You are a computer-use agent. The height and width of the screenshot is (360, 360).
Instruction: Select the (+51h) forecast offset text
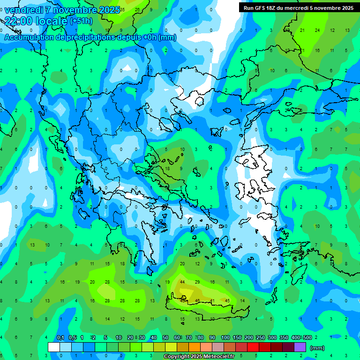[x=81, y=21]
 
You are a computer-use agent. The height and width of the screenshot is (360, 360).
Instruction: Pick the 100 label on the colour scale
[x=225, y=338]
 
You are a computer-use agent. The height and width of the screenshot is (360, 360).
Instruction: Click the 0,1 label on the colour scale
[x=60, y=338]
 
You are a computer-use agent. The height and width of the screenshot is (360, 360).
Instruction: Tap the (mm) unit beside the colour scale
[x=317, y=348]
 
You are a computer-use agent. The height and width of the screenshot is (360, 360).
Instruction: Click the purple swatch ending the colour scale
[x=300, y=347]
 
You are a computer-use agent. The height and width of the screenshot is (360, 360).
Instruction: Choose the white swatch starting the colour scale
[x=54, y=347]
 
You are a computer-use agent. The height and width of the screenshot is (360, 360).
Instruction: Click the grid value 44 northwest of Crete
[x=182, y=282]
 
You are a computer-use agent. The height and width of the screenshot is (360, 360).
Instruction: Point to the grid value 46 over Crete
[x=197, y=300]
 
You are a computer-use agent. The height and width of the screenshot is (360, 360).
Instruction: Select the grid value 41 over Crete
[x=212, y=300]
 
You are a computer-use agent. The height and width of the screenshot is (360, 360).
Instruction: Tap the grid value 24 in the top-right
[x=317, y=30]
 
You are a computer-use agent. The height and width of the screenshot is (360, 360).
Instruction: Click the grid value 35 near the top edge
[x=122, y=9]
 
